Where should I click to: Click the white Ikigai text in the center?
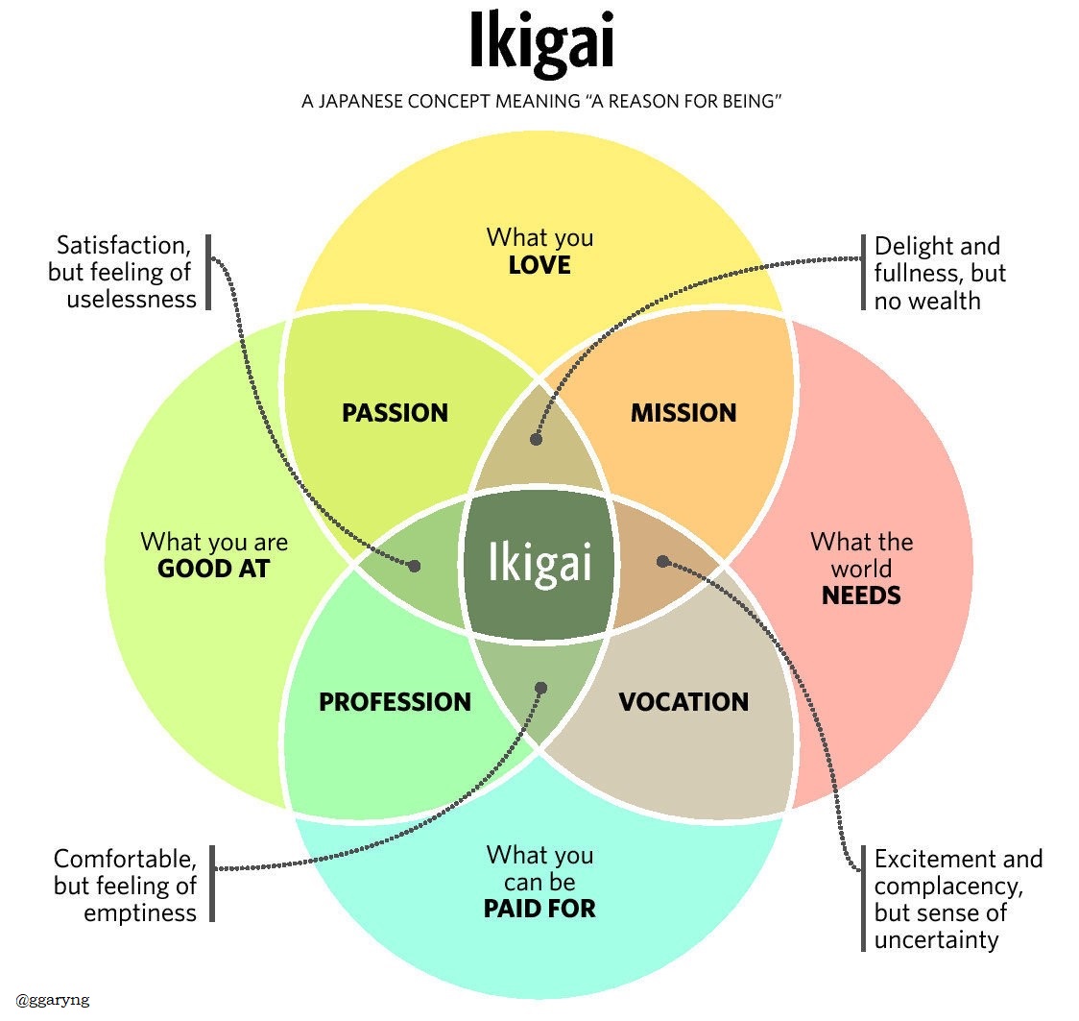pyautogui.click(x=539, y=563)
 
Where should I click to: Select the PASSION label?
pyautogui.click(x=395, y=413)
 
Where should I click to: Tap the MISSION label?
pyautogui.click(x=683, y=413)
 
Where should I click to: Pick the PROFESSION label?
pyautogui.click(x=395, y=702)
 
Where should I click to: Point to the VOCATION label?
pyautogui.click(x=683, y=702)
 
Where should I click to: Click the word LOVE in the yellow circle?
pyautogui.click(x=539, y=264)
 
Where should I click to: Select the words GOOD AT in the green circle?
pyautogui.click(x=213, y=569)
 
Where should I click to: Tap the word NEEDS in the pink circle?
pyautogui.click(x=861, y=596)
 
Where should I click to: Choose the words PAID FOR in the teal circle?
pyautogui.click(x=539, y=908)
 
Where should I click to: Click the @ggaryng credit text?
pyautogui.click(x=46, y=1000)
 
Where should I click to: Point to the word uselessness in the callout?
pyautogui.click(x=132, y=299)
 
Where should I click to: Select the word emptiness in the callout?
pyautogui.click(x=140, y=912)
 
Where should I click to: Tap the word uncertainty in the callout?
pyautogui.click(x=936, y=938)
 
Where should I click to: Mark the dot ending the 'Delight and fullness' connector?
pyautogui.click(x=536, y=439)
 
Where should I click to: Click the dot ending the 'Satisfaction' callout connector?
pyautogui.click(x=415, y=566)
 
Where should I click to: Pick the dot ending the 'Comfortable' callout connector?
pyautogui.click(x=540, y=688)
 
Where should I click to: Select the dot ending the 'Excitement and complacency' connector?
pyautogui.click(x=661, y=561)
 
